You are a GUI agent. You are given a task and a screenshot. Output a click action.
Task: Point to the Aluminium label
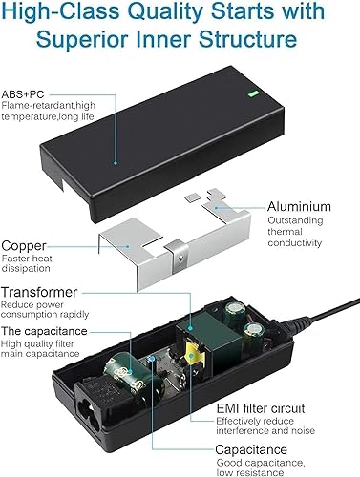coord(300,206)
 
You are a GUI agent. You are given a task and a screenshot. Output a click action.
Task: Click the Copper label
coord(27,245)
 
